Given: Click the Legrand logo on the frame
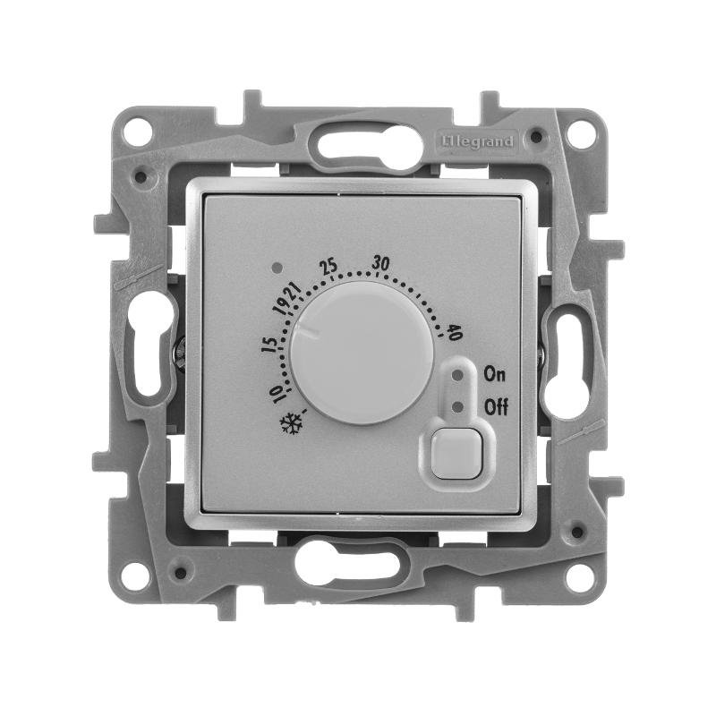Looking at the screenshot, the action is (x=477, y=141).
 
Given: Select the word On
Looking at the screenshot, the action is (x=495, y=374).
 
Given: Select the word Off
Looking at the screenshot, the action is (x=496, y=406).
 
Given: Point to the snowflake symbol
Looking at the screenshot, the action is (x=292, y=423).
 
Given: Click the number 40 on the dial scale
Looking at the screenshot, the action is (x=455, y=332).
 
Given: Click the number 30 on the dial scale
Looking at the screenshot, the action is (x=380, y=263).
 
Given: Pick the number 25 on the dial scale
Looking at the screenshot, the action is (x=328, y=266).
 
